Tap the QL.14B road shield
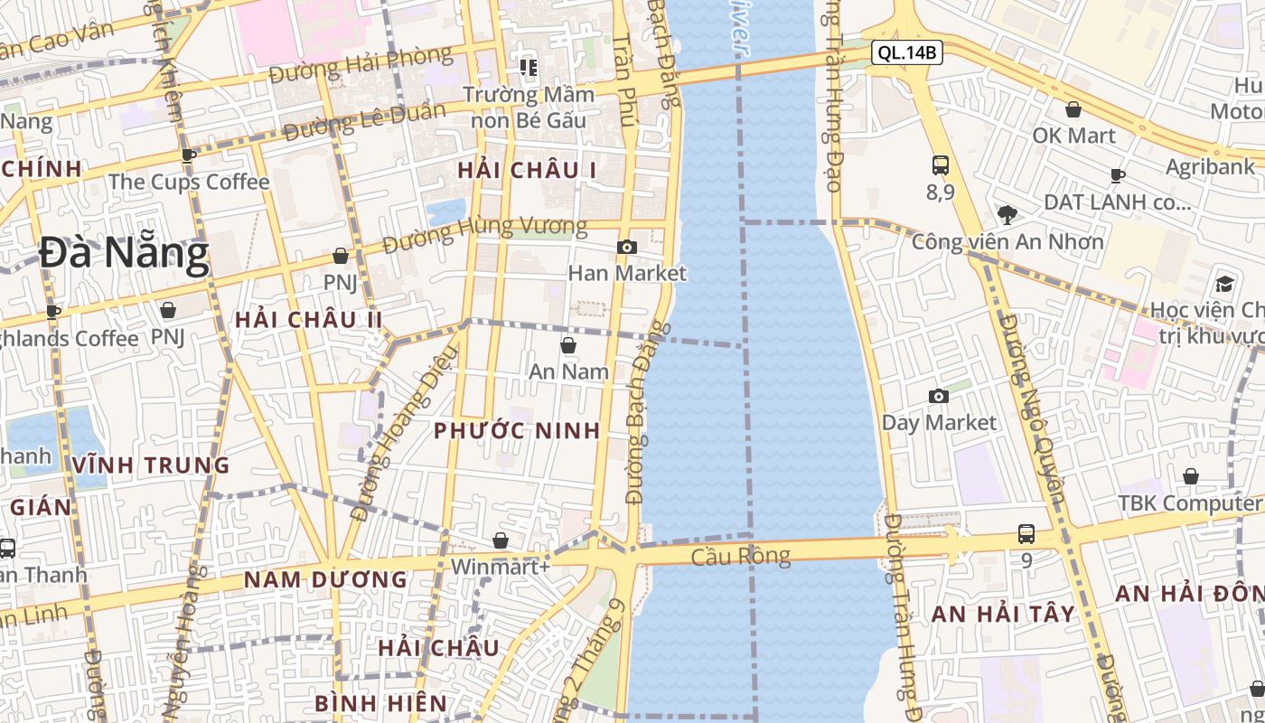[907, 52]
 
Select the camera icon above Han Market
[627, 247]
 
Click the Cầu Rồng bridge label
[740, 556]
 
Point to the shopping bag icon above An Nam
[568, 344]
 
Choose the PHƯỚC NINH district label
[517, 430]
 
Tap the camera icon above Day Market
[939, 396]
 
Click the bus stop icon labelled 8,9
[941, 165]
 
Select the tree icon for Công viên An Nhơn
[1007, 214]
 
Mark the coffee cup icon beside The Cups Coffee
[189, 155]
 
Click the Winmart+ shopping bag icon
[500, 540]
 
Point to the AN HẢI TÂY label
[1003, 615]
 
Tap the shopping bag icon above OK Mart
[1073, 109]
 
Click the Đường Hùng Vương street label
[484, 234]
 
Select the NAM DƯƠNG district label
[326, 579]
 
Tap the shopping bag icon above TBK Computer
[1191, 476]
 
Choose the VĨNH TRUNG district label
[152, 465]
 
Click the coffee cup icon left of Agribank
[1118, 175]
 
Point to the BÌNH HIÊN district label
[380, 703]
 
